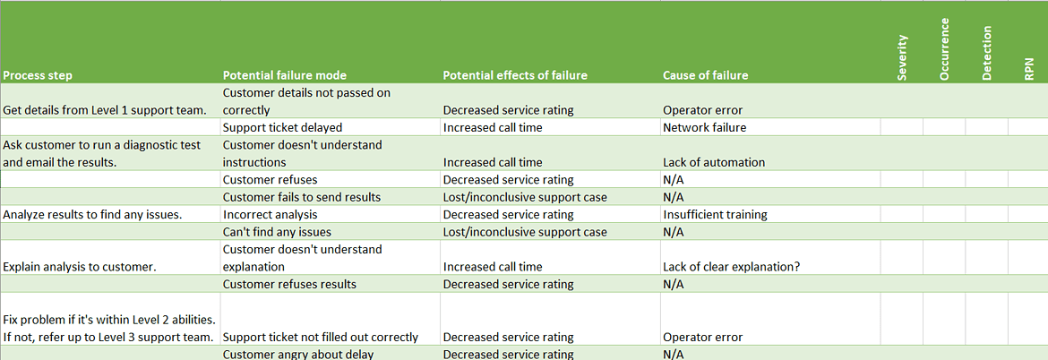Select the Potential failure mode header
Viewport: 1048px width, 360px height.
coord(284,76)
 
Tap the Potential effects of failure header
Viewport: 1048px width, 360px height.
coord(515,76)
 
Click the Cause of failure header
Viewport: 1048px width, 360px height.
coord(705,76)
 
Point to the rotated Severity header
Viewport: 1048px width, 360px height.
coord(902,58)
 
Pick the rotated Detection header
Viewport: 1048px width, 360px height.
coord(986,56)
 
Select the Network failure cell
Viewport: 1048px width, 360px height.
coord(704,128)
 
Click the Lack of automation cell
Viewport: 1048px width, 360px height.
coord(714,163)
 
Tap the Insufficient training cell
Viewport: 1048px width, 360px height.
coord(715,215)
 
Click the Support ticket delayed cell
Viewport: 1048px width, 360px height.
coord(282,128)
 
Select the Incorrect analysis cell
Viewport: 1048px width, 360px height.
coord(270,215)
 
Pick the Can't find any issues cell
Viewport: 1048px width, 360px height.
coord(277,232)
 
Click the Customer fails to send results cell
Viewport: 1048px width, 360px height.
coord(302,197)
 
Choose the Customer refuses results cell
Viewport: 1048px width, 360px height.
coord(289,285)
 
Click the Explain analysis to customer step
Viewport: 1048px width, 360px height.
coord(80,267)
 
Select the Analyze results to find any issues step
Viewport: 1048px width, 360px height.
coord(93,215)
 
